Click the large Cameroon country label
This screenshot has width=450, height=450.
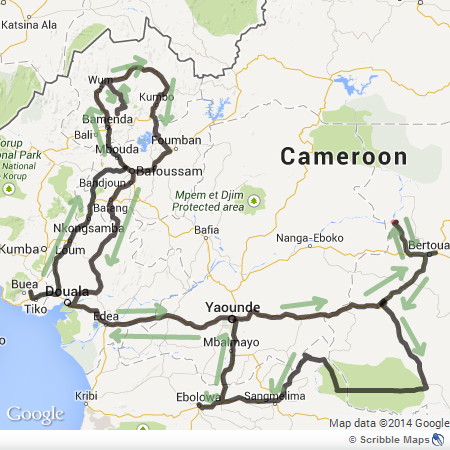[344, 157]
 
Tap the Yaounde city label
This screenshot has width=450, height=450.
[232, 307]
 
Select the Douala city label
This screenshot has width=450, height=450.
[67, 292]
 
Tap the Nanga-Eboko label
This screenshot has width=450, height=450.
[311, 238]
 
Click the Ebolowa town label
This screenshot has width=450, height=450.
[197, 397]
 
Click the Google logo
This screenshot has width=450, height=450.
[35, 413]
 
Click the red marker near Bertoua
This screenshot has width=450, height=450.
[395, 224]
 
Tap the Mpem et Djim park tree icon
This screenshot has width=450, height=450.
[255, 200]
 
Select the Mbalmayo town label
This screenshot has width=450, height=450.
[228, 341]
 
